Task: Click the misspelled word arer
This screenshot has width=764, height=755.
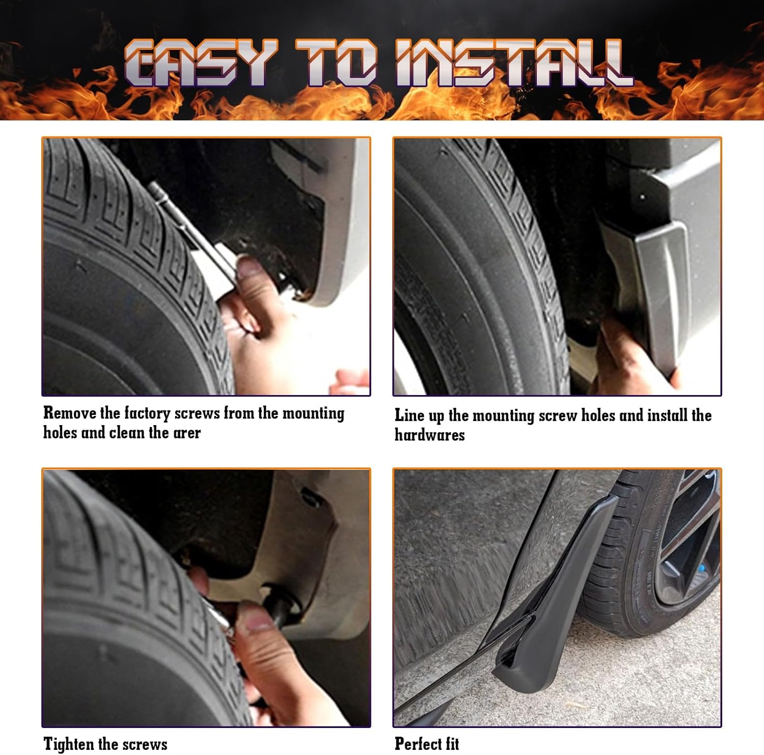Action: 187,433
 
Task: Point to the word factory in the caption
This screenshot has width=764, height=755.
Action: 147,413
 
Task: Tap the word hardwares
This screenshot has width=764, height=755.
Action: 429,435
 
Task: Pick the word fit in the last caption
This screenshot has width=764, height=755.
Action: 450,743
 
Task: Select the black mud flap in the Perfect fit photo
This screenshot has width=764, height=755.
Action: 555,591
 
